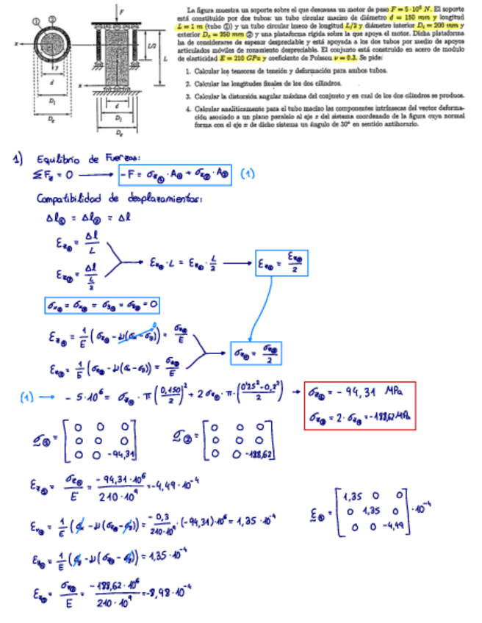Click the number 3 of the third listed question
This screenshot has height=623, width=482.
pos(189,96)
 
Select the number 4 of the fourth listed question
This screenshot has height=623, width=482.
pos(189,109)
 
